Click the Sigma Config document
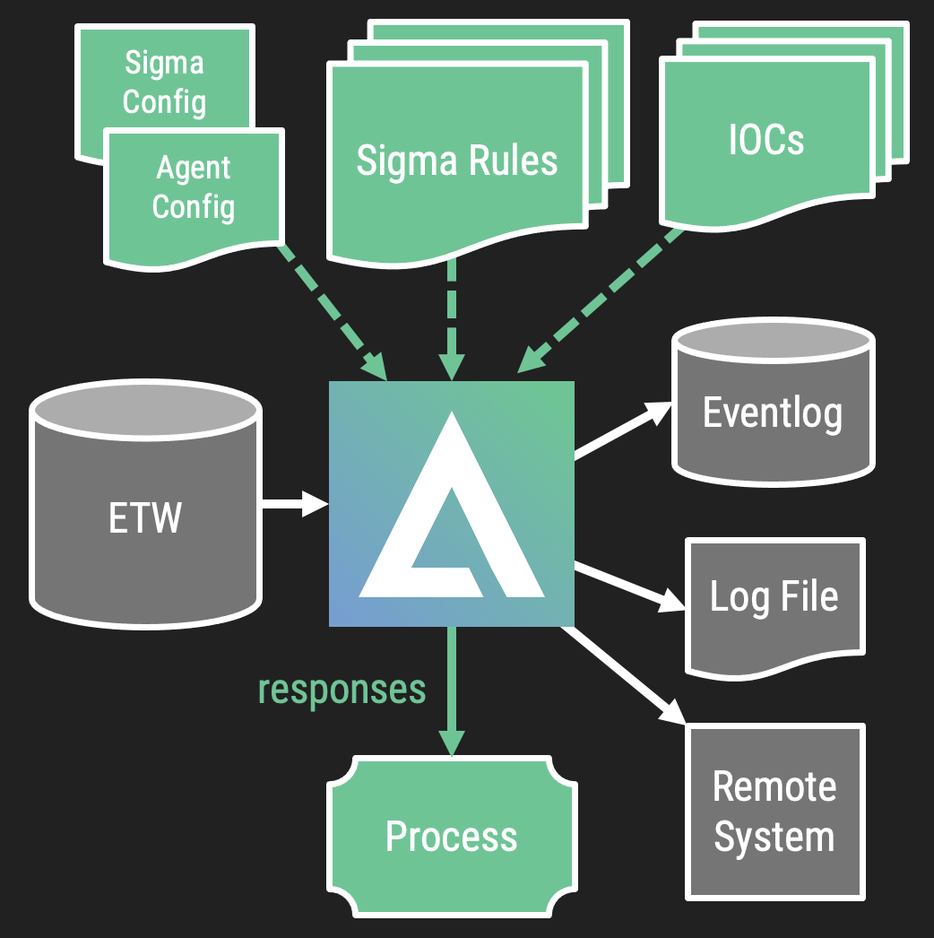click(x=164, y=82)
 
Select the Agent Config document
click(x=194, y=187)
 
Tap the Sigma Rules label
click(x=457, y=161)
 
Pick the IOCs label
click(x=766, y=139)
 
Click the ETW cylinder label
click(x=145, y=518)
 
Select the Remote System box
click(x=774, y=812)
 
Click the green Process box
click(x=452, y=836)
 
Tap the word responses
click(x=342, y=689)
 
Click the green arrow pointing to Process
click(x=452, y=690)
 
